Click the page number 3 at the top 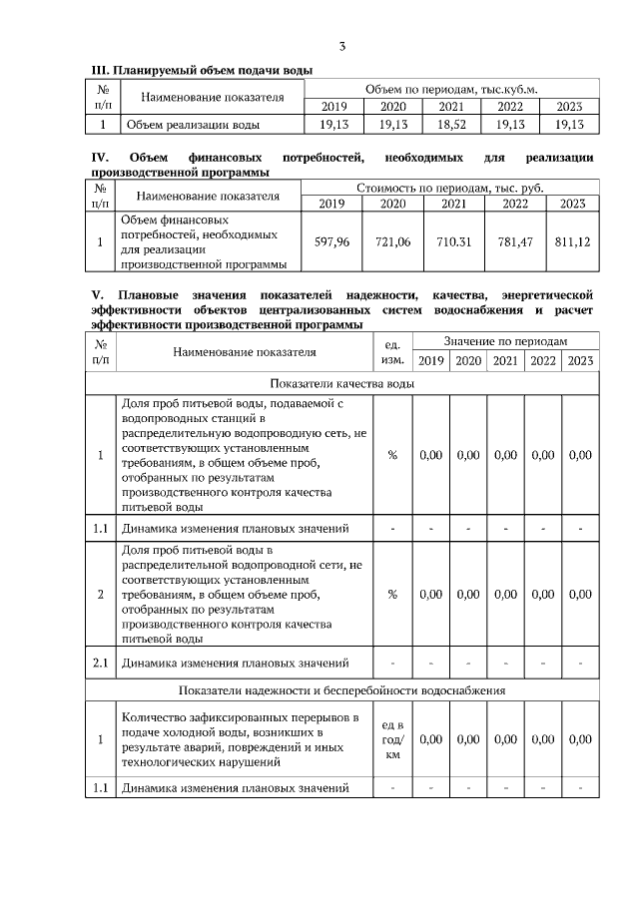[341, 47]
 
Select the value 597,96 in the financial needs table [331, 241]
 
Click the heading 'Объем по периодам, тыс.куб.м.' [451, 89]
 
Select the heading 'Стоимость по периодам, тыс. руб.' [451, 188]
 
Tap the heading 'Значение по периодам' [505, 341]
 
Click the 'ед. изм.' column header [392, 351]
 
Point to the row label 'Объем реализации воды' [191, 125]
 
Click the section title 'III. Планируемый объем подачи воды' [202, 70]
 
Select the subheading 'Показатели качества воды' [341, 383]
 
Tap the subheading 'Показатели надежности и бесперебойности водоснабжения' [341, 689]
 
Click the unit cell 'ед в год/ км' [392, 739]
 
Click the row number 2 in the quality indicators [101, 594]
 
